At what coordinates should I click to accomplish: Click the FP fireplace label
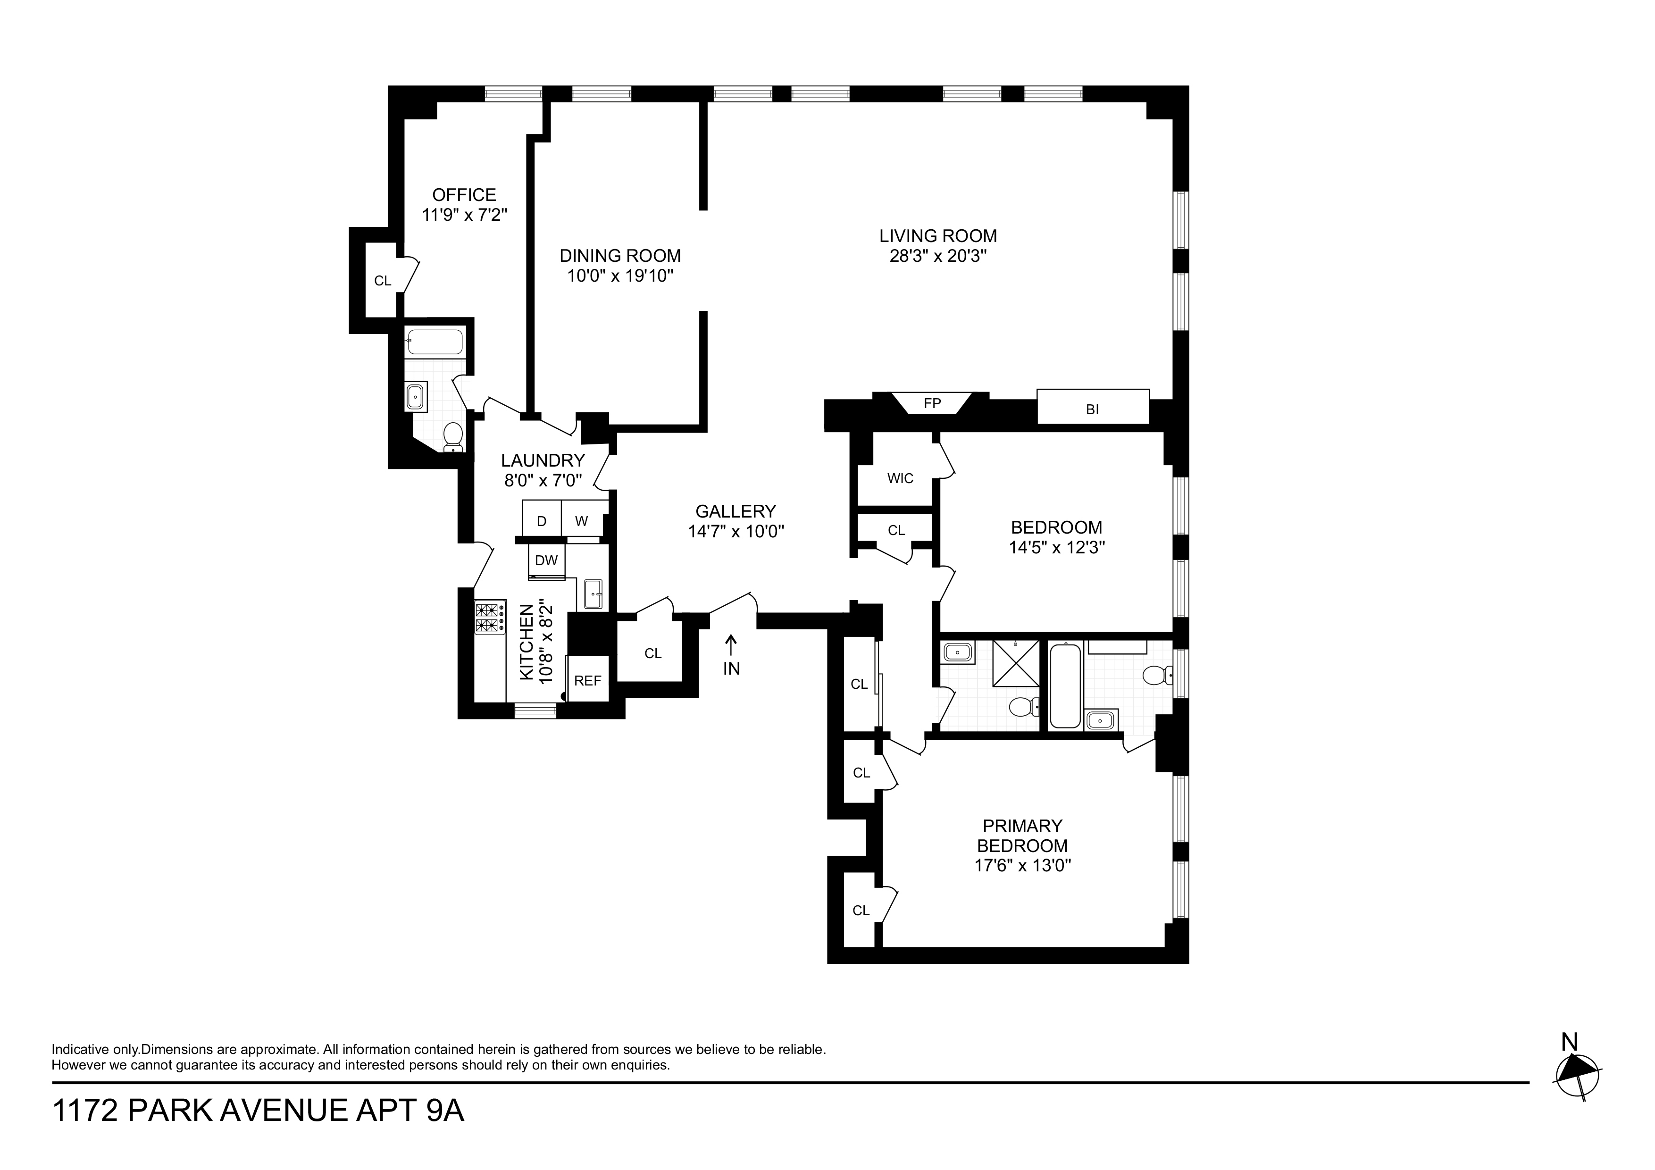click(x=932, y=404)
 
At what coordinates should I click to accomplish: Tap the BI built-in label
click(x=1092, y=409)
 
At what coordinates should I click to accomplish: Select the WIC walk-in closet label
click(x=900, y=478)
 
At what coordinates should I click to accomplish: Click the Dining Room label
click(x=620, y=256)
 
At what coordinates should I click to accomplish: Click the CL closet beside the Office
click(x=382, y=280)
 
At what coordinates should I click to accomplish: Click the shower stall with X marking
click(x=1016, y=662)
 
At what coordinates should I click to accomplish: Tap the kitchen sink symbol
click(x=593, y=594)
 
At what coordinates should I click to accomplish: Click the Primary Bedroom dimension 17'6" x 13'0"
click(x=1022, y=866)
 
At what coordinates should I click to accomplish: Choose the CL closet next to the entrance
click(x=652, y=653)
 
